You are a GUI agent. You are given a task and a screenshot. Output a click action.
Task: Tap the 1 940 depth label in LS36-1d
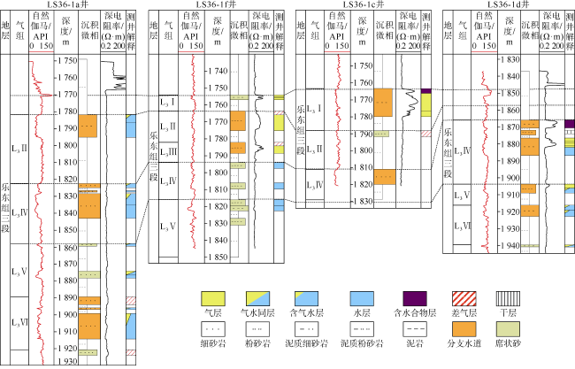click(x=507, y=244)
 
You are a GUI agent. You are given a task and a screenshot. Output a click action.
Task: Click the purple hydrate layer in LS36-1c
click(x=426, y=91)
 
